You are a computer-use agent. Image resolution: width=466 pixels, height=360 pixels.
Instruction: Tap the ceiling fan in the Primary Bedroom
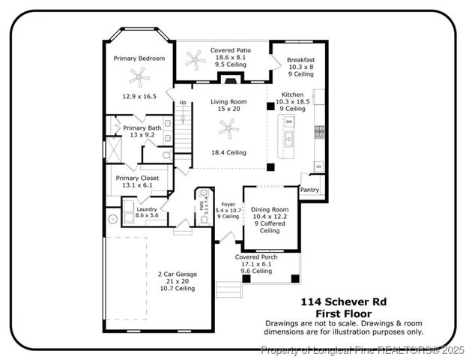[x=138, y=75]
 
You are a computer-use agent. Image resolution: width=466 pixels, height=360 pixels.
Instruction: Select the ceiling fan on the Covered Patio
[x=195, y=57]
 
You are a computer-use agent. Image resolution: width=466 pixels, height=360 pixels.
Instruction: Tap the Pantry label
[x=309, y=190]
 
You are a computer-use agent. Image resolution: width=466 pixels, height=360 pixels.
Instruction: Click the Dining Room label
[x=270, y=210]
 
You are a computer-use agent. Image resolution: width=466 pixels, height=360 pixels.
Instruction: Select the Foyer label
[x=228, y=204]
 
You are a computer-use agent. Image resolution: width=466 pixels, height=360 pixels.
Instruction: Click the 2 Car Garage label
[x=177, y=274]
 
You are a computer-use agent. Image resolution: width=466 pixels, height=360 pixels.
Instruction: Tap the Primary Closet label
[x=137, y=178]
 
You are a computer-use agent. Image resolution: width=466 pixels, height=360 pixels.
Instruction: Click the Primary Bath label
[x=142, y=128]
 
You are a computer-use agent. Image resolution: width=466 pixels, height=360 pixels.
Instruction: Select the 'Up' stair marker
[x=182, y=102]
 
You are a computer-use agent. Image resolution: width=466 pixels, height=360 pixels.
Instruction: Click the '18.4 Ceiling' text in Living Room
[x=228, y=153]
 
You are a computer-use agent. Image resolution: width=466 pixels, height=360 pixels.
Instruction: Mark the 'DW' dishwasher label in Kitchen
[x=289, y=121]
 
